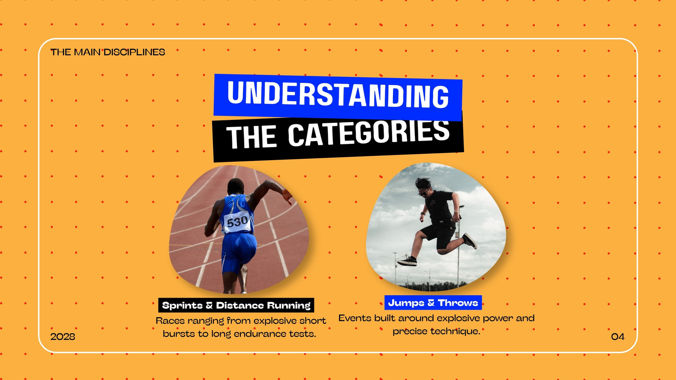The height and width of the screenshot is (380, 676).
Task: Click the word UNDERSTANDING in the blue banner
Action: point(338,94)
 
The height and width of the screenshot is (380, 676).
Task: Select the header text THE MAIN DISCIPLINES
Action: point(108,52)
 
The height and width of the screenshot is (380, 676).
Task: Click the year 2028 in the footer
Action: point(63,337)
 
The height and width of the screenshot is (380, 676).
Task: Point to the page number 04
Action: point(618,337)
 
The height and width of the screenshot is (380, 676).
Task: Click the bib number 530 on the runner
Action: point(237,222)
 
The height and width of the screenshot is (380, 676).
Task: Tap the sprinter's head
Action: point(235,187)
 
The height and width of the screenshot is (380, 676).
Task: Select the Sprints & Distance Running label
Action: point(236,305)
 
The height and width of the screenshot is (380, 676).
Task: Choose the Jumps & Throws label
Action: point(433,302)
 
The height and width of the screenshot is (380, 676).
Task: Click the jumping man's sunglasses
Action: point(423,193)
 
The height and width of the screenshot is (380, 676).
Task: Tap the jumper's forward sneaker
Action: point(407,260)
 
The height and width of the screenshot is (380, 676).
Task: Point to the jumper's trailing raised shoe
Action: point(470,241)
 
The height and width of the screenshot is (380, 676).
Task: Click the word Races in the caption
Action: point(170,320)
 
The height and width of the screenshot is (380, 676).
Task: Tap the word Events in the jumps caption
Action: point(354,318)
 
